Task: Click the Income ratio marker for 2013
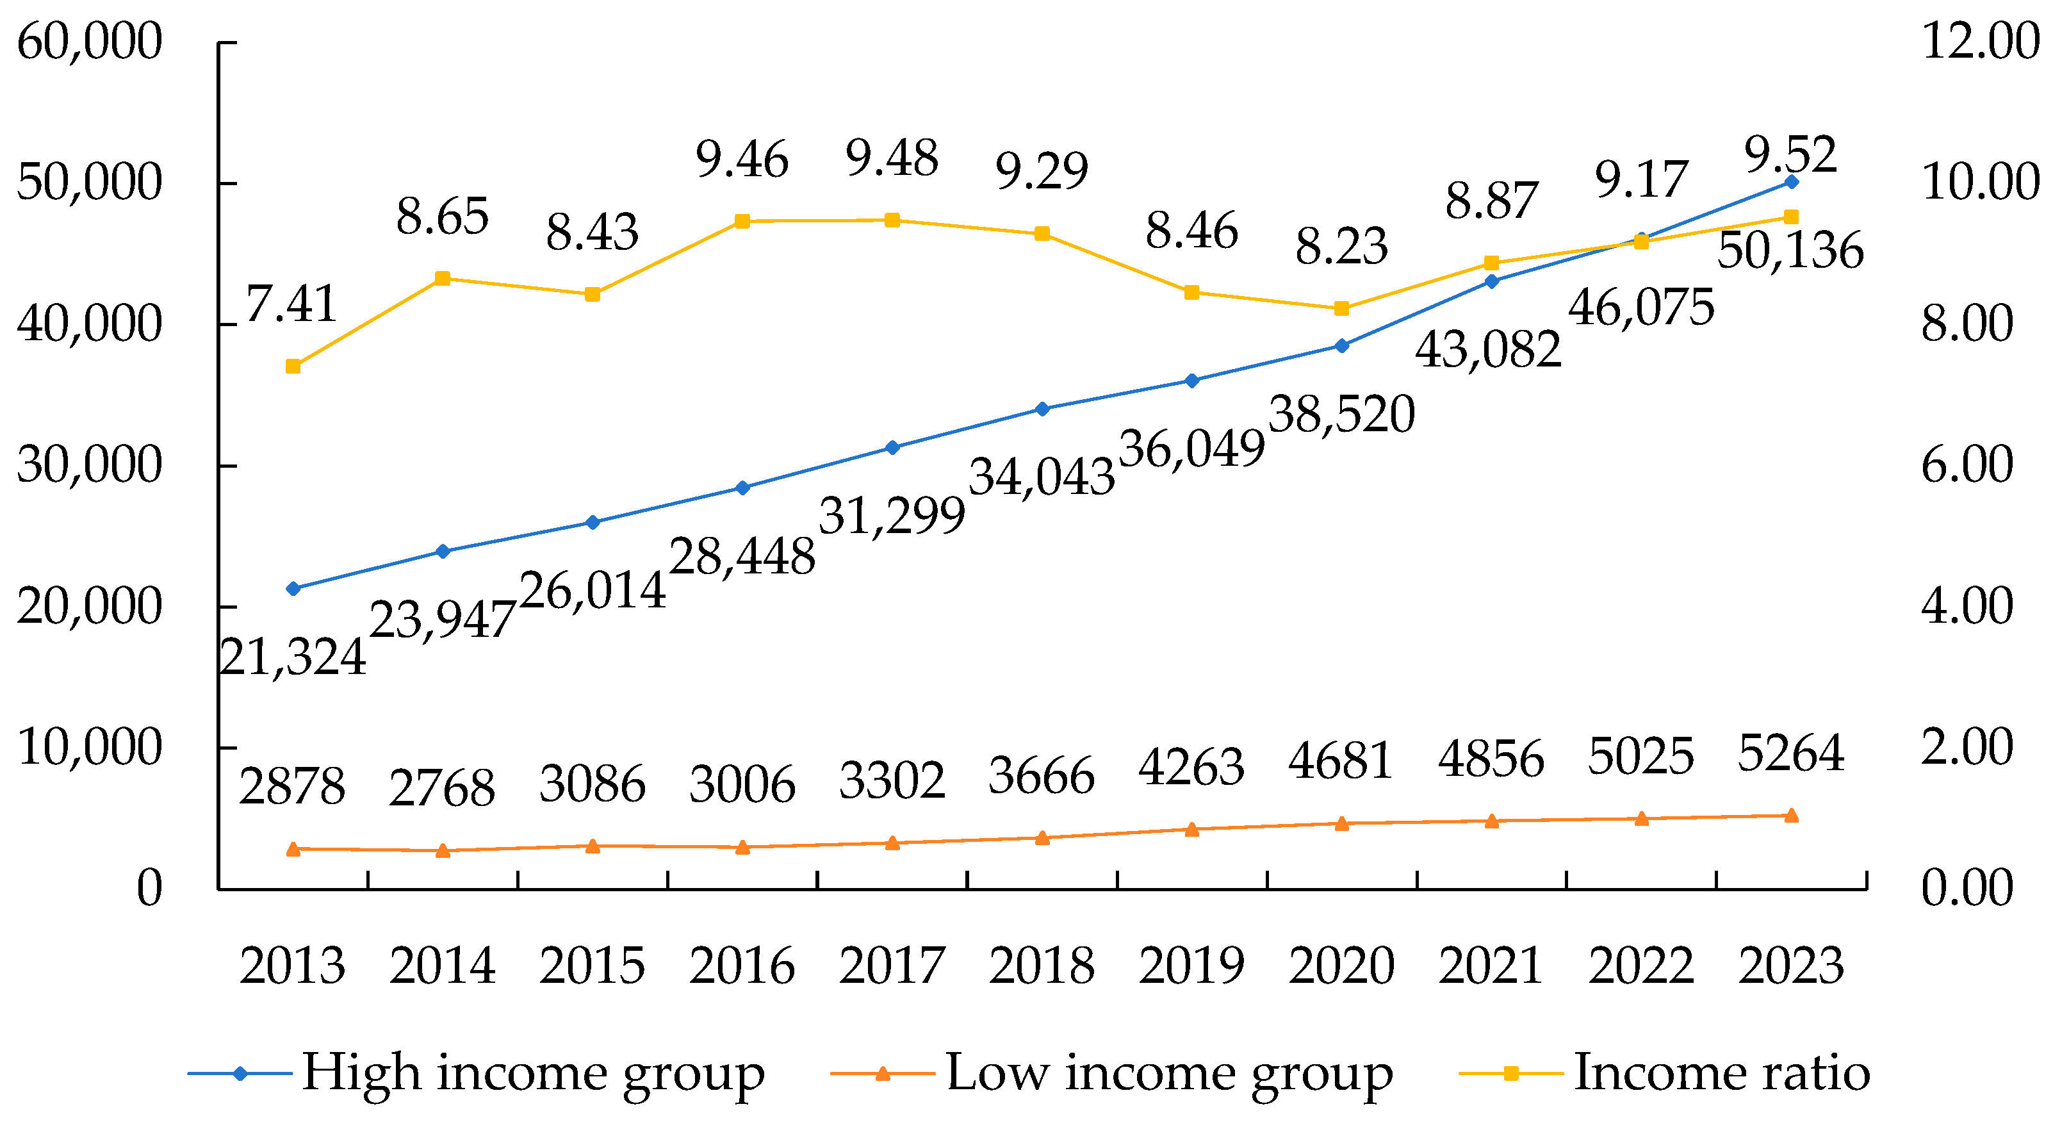(293, 366)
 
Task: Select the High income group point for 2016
(742, 488)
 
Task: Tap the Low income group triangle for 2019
(1192, 829)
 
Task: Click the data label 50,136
(1790, 251)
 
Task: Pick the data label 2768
(443, 787)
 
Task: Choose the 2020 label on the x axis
(1341, 966)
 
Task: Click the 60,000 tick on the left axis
(89, 42)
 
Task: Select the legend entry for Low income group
(1112, 1073)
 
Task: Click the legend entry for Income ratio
(1665, 1073)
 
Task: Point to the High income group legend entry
(477, 1073)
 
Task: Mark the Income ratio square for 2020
(1341, 308)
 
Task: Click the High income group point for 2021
(1492, 281)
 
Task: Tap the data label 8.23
(1341, 245)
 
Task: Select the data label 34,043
(1042, 478)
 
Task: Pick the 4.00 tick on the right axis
(1967, 605)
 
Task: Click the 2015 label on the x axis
(592, 966)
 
